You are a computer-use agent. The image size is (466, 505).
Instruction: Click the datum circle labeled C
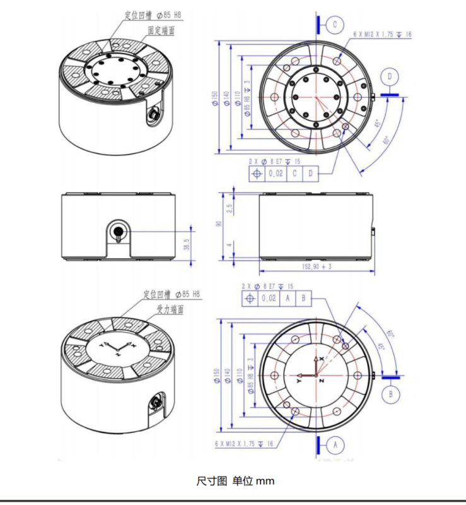click(335, 25)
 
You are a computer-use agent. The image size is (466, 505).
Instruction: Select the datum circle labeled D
click(391, 76)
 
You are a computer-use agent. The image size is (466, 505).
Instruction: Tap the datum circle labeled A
click(335, 444)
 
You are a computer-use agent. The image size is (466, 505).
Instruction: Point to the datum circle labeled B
click(391, 394)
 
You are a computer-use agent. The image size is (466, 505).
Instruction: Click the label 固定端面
click(161, 30)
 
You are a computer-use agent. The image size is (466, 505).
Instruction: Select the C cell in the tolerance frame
click(294, 173)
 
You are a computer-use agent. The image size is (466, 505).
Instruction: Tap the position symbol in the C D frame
click(256, 173)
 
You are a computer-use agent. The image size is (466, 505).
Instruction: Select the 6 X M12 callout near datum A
click(244, 444)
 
